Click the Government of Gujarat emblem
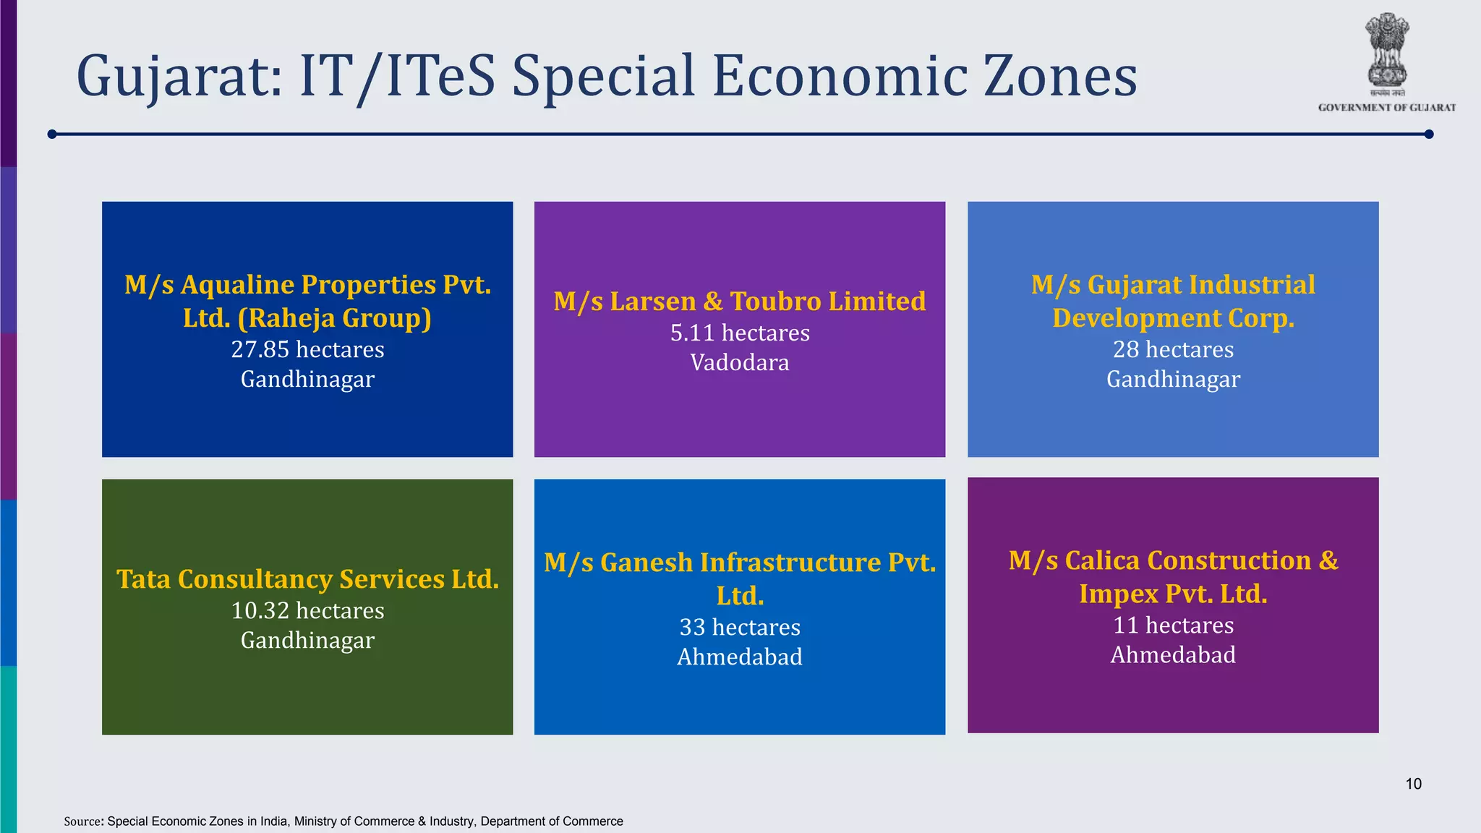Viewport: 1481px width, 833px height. [x=1386, y=51]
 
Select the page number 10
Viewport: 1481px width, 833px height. [x=1413, y=784]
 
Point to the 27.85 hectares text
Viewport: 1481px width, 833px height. [x=307, y=349]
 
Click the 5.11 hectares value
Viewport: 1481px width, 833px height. [x=740, y=333]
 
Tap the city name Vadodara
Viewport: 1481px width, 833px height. [x=740, y=362]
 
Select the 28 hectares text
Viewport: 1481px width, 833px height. [x=1173, y=349]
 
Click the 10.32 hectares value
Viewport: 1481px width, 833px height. [x=307, y=610]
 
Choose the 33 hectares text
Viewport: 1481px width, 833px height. [x=740, y=627]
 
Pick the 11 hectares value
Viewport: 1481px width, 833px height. [x=1173, y=625]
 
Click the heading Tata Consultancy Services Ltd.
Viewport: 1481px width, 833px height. [x=307, y=579]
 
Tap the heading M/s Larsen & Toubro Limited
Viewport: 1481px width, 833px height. [x=740, y=301]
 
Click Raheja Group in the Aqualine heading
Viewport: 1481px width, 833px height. [x=335, y=318]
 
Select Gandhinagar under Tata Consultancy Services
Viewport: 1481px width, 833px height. [x=307, y=640]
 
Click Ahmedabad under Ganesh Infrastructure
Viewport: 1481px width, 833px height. [x=740, y=657]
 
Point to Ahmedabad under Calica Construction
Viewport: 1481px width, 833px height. [x=1173, y=654]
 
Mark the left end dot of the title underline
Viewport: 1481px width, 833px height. [x=52, y=134]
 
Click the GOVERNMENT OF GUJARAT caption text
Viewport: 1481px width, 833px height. [x=1386, y=108]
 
